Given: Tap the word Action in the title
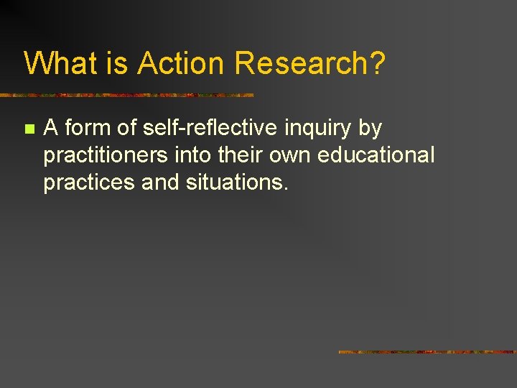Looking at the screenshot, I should pos(182,64).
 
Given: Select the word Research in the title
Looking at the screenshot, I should pos(301,64).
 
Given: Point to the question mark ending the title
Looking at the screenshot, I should pos(378,64).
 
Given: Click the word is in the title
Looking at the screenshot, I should pos(118,64).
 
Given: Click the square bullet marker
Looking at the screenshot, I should pos(29,130).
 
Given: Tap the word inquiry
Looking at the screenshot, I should pos(317,129).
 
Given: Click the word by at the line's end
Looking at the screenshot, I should pos(370,129).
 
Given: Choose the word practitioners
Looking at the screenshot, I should pos(106,156).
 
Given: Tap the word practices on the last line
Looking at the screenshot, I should pos(90,183).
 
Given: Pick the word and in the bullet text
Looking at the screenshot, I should pos(162,183).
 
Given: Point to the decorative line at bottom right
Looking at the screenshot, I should pos(427,352).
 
